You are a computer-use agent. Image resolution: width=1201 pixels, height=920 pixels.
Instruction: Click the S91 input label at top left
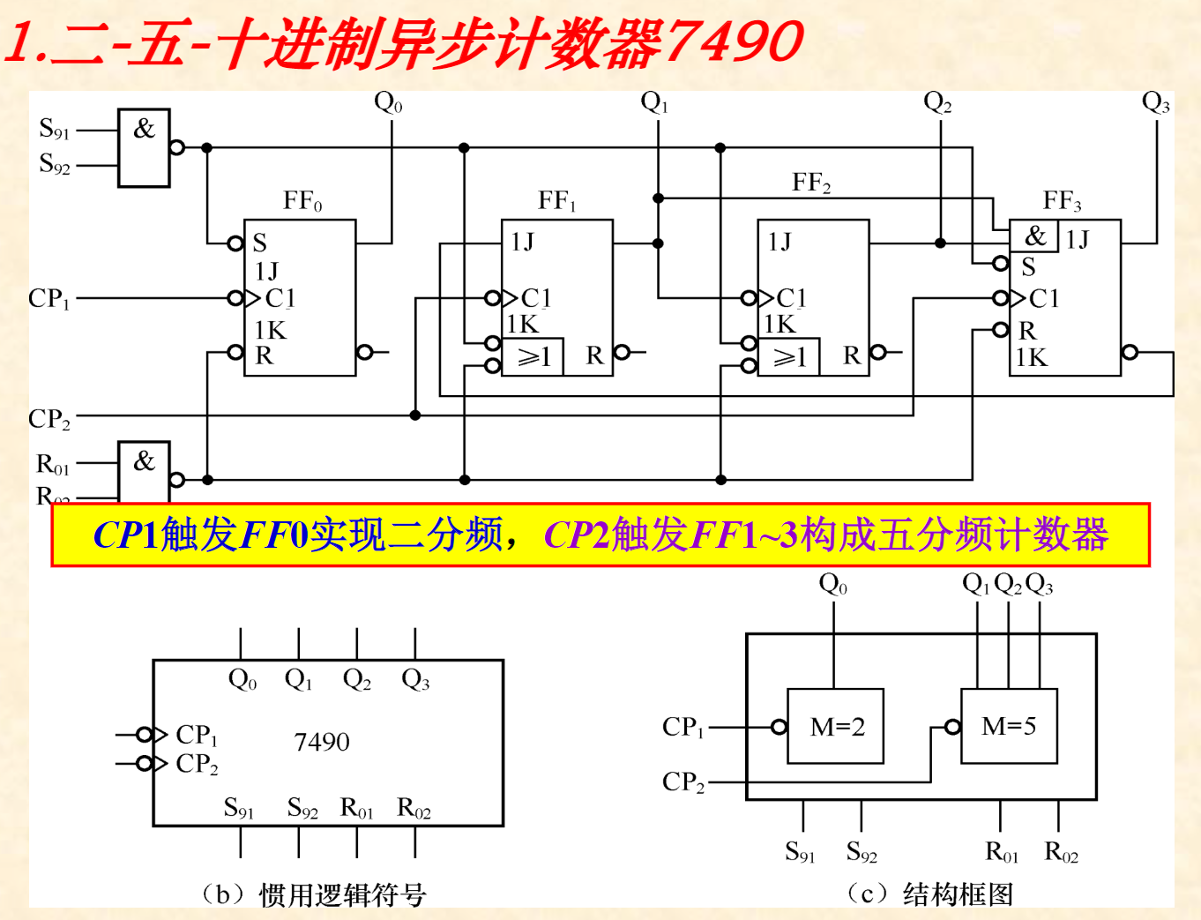(54, 130)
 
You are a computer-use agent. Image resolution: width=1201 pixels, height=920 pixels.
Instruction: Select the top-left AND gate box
(144, 147)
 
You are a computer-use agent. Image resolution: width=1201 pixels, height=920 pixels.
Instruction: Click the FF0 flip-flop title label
(302, 202)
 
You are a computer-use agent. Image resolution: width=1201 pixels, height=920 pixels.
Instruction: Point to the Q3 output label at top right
(1155, 103)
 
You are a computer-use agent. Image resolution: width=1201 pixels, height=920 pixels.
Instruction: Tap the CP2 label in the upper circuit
(49, 419)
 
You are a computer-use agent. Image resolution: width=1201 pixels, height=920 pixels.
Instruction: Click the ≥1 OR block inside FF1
(533, 357)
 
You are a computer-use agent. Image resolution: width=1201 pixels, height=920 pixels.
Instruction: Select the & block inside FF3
(1034, 236)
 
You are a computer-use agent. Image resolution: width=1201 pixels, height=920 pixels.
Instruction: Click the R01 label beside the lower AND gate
(53, 464)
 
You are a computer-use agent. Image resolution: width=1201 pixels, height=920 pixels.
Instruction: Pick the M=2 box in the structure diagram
(836, 726)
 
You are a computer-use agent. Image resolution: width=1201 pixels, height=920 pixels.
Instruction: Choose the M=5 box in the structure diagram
(1009, 726)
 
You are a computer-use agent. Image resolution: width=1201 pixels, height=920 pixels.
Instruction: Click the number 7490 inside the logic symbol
(322, 742)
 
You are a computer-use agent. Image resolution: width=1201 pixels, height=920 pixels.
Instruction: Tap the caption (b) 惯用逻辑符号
(314, 895)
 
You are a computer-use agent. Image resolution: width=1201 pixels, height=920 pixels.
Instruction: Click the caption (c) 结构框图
(929, 894)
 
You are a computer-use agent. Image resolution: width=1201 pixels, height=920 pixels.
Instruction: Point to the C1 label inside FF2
(790, 298)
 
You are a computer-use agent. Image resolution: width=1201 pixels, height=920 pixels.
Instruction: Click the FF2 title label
(811, 183)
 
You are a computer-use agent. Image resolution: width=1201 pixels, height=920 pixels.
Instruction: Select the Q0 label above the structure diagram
(833, 585)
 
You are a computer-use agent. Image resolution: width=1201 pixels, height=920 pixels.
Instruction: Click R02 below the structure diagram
(1061, 852)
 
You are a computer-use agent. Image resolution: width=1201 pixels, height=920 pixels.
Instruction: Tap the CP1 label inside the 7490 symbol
(197, 735)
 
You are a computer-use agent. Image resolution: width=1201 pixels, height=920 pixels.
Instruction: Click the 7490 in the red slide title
(734, 41)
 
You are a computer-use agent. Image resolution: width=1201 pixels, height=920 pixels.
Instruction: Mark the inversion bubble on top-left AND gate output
(177, 147)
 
